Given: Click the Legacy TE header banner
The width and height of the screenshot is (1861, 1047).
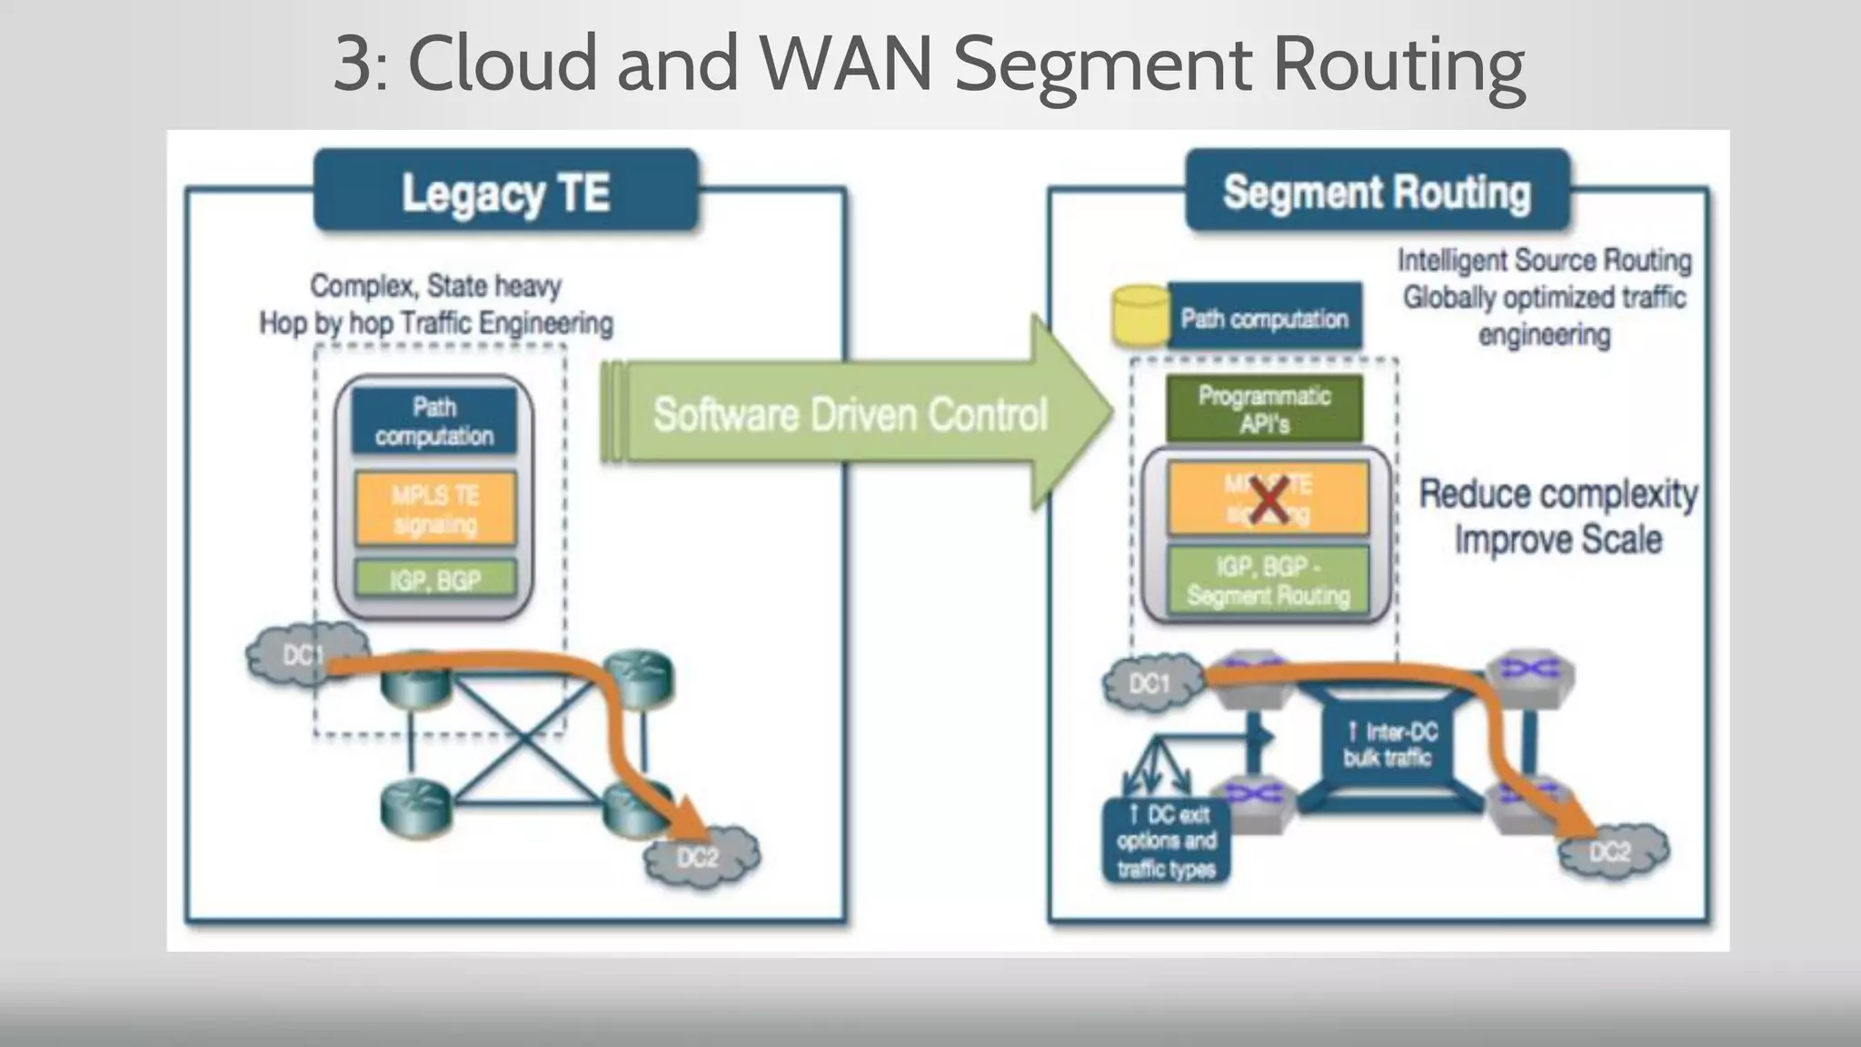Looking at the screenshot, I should coord(506,192).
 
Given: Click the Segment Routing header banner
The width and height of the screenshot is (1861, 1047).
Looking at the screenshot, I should coord(1377,192).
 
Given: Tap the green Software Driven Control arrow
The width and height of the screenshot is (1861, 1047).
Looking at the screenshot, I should coord(850,414).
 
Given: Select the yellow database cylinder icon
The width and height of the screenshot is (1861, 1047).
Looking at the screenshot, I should coord(1140,314).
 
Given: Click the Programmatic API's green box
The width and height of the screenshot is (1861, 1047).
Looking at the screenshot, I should coord(1264,409).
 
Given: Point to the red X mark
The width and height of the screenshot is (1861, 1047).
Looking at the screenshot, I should coord(1269,500).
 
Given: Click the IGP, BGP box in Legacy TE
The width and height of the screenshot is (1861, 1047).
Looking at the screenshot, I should coord(435,579).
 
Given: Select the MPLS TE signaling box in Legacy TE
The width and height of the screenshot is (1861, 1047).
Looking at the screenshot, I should coord(435,509).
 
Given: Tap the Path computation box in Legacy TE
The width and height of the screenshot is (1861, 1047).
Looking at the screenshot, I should coord(434,422).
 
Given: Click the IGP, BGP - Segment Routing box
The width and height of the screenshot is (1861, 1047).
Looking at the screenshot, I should coord(1268,581).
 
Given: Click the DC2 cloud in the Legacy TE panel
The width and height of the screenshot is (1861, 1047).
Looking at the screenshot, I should coord(701,857).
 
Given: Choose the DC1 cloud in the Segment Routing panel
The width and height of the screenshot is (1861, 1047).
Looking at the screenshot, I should coord(1150,683).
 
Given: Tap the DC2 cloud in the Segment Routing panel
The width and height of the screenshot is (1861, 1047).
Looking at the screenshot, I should coord(1612,852).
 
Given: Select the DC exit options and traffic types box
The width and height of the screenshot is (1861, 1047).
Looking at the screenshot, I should coord(1166,841).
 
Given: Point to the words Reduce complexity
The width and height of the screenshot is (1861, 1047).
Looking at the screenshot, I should coord(1557,494).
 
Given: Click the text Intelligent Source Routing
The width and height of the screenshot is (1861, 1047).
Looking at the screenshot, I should coord(1544,261).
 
